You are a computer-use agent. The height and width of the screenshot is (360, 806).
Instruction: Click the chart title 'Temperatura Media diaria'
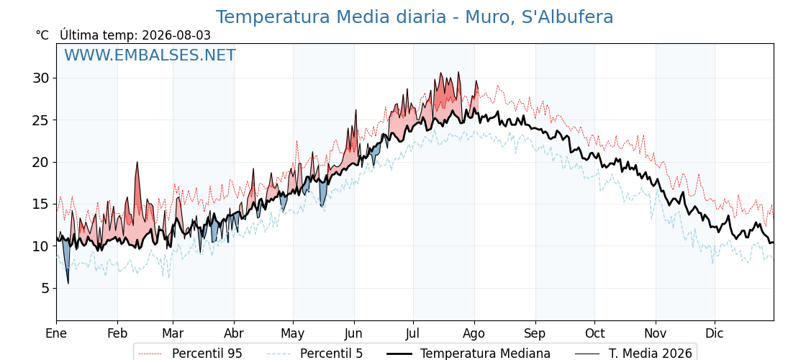[x=330, y=17]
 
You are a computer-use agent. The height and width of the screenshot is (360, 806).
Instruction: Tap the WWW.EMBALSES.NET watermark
[x=150, y=55]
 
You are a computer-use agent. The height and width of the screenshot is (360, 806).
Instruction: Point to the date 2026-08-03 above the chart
[x=176, y=35]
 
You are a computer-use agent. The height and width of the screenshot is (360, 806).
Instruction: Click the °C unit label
[x=42, y=35]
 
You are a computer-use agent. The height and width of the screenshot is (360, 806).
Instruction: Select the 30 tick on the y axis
[x=41, y=78]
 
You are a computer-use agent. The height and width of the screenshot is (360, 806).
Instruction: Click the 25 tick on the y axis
[x=41, y=120]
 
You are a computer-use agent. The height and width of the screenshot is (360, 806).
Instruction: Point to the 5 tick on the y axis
[x=45, y=289]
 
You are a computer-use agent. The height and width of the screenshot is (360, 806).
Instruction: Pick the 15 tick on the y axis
[x=41, y=204]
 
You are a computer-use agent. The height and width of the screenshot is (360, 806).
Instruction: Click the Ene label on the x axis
[x=56, y=334]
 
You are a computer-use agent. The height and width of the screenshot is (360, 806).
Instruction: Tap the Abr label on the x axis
[x=234, y=334]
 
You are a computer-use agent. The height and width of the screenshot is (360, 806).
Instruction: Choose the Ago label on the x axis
[x=474, y=334]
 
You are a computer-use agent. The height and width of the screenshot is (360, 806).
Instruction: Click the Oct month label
[x=594, y=334]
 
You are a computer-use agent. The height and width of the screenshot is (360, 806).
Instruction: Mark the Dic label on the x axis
[x=715, y=334]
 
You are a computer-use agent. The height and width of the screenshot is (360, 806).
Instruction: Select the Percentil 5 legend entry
[x=315, y=354]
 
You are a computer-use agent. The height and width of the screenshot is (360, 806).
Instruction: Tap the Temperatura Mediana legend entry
[x=468, y=354]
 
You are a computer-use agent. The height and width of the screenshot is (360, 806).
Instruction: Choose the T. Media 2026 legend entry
[x=633, y=354]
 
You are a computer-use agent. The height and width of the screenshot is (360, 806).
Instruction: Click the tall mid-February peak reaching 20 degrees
[x=137, y=163]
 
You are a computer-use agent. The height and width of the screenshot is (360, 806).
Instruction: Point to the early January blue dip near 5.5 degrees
[x=68, y=282]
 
